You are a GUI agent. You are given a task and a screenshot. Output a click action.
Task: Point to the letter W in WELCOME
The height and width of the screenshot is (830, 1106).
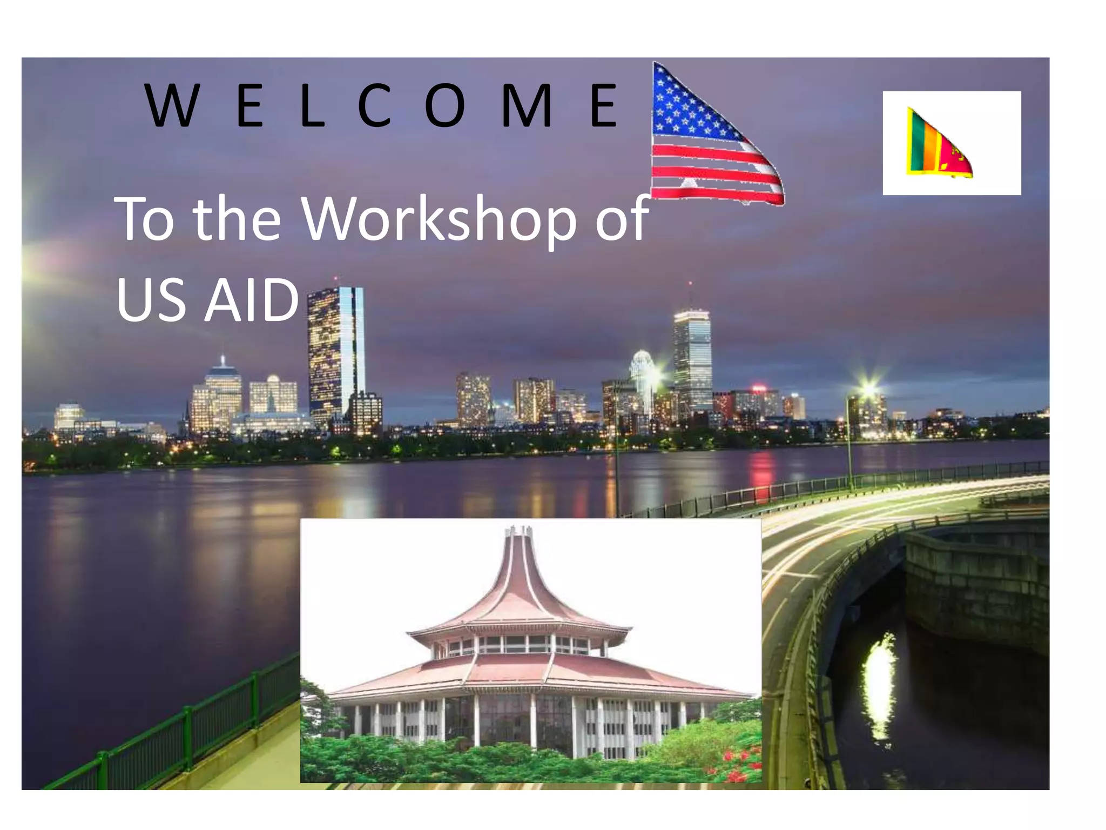(171, 106)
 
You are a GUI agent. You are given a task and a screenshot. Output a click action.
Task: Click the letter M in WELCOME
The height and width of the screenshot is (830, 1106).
(527, 106)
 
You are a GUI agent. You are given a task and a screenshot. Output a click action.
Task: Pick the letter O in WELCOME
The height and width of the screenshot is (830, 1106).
(444, 106)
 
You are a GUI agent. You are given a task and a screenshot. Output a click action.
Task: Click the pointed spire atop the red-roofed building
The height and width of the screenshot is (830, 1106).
(519, 535)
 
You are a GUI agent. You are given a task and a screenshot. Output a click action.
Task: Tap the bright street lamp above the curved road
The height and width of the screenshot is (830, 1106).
(868, 388)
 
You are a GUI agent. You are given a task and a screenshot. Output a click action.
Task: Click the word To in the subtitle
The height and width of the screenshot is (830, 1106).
(144, 219)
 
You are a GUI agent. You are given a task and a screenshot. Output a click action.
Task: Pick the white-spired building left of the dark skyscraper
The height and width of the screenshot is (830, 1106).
(222, 392)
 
